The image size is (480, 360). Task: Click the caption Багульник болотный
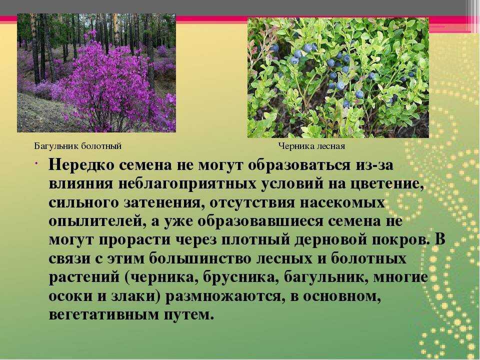78,146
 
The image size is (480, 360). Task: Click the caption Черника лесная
311,146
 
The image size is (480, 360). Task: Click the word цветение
383,185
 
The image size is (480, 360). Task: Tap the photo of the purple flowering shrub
96,73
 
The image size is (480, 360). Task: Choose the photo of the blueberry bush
338,78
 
